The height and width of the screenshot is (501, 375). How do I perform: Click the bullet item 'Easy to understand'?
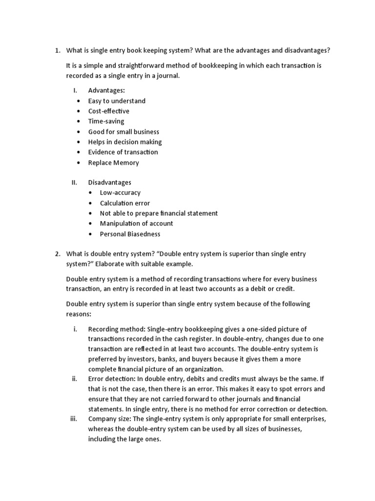click(x=117, y=101)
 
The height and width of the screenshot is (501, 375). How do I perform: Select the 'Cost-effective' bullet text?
click(x=108, y=111)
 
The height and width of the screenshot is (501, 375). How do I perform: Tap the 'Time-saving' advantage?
click(x=106, y=121)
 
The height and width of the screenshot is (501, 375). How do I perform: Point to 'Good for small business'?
click(x=124, y=132)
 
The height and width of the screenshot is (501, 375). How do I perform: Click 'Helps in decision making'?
click(x=125, y=142)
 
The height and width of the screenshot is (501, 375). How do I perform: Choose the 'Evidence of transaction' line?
click(x=123, y=152)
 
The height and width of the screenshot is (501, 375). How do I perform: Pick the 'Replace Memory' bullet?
click(x=113, y=162)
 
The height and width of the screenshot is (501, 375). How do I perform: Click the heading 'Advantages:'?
click(x=106, y=91)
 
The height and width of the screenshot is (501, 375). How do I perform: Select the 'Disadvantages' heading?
click(x=109, y=182)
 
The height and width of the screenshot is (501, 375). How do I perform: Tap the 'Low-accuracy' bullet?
click(x=120, y=193)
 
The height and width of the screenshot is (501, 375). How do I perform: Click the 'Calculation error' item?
click(x=125, y=203)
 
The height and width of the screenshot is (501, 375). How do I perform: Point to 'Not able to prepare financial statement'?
click(x=159, y=213)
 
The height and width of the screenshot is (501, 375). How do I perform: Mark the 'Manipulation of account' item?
click(x=136, y=224)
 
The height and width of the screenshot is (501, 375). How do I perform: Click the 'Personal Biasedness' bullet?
click(x=130, y=234)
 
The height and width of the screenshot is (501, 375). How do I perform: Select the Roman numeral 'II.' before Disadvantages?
click(x=75, y=182)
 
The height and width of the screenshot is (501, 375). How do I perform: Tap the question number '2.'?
click(x=57, y=253)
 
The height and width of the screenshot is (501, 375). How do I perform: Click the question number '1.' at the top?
click(x=57, y=50)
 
